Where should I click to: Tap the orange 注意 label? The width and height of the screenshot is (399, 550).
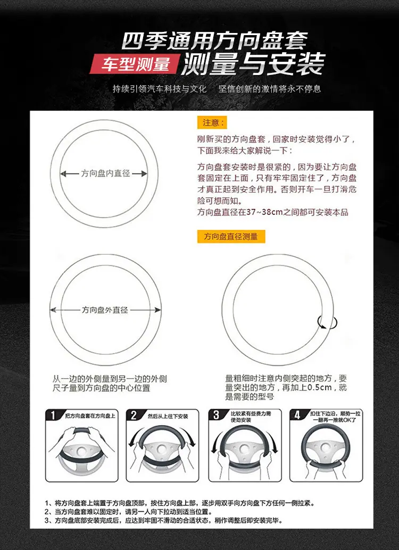point(212,122)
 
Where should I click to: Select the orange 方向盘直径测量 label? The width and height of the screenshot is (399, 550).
point(231,236)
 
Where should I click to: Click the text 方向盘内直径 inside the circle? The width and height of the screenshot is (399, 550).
point(106,173)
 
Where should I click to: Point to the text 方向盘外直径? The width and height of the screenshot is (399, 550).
point(105,310)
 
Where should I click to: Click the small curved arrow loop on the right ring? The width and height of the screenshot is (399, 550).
point(327,322)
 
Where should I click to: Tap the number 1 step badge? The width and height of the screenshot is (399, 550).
point(53,415)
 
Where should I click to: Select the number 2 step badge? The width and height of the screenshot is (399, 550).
point(134,415)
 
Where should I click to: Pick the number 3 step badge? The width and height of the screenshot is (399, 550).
point(216,415)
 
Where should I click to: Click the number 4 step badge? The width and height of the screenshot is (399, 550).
point(297,415)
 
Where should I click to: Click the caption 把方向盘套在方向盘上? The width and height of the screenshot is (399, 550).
point(90,416)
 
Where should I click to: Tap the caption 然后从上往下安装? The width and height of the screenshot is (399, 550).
point(168,416)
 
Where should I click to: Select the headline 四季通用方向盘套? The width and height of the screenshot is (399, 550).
point(214,41)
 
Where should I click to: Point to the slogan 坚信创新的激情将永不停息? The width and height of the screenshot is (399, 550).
point(270,89)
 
